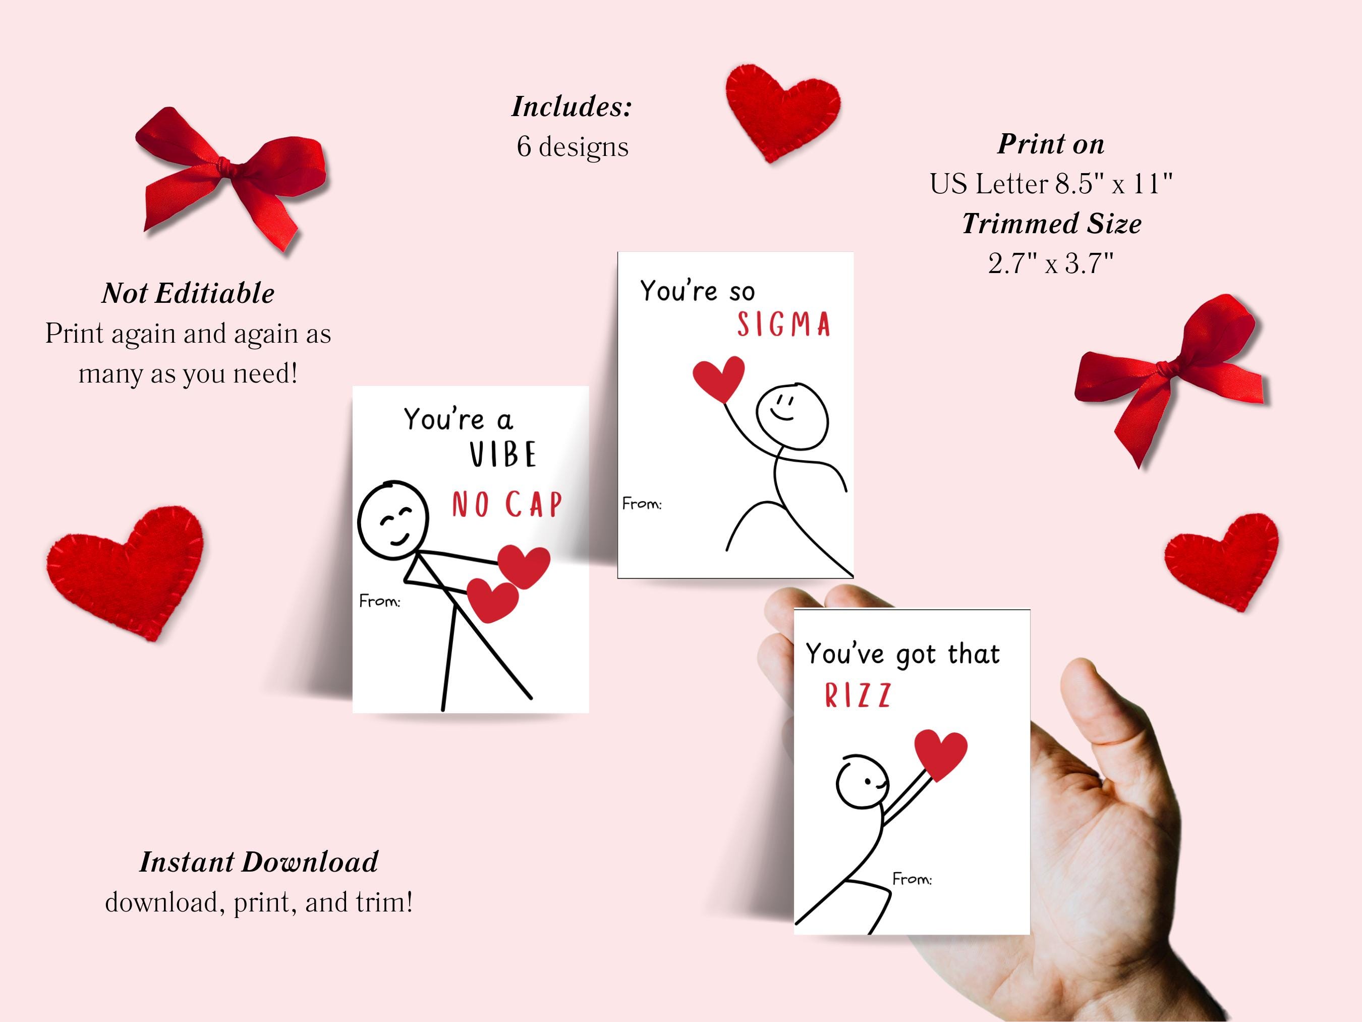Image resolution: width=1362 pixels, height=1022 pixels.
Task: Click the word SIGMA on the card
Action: [x=784, y=325]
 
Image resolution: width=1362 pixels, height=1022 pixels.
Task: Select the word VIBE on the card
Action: [x=502, y=455]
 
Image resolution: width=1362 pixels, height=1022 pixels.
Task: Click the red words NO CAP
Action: [x=507, y=505]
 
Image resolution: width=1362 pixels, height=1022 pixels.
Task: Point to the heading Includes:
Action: [x=572, y=106]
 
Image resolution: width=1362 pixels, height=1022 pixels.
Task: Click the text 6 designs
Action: [x=573, y=147]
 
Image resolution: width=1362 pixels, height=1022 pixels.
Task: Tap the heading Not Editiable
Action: [x=188, y=293]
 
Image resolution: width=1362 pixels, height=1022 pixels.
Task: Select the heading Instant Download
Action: [x=259, y=862]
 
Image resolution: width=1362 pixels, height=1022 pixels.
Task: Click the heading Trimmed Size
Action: [x=1052, y=224]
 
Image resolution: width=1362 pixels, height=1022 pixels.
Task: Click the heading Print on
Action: [x=1050, y=144]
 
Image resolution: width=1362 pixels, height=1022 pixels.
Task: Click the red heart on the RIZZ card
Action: [x=940, y=754]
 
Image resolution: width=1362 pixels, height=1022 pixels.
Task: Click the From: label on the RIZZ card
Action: [x=912, y=879]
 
